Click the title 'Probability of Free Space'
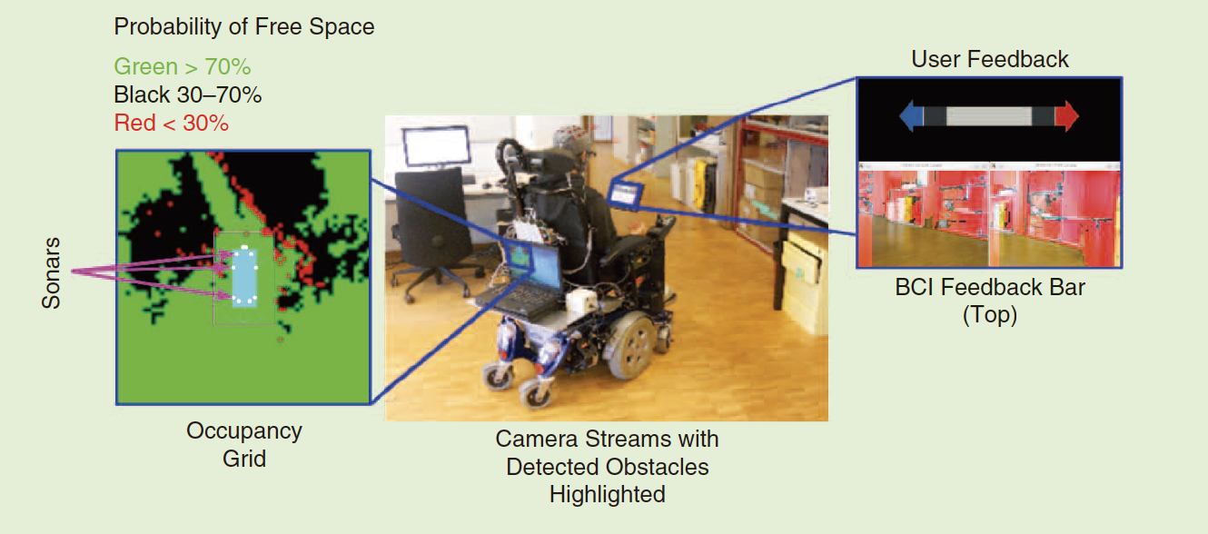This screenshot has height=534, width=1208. pos(244,27)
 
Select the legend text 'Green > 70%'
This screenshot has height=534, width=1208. pos(183,67)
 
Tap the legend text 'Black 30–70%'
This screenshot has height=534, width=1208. pos(188,95)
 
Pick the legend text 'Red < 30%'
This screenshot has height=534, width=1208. pos(171,123)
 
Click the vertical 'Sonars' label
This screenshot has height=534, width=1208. pos(51,273)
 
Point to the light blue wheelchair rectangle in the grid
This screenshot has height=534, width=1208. pos(244,278)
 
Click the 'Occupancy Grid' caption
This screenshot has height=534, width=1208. pos(244,444)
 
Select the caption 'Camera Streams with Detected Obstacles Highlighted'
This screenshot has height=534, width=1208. pos(608,467)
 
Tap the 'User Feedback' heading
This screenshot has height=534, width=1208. pos(990,59)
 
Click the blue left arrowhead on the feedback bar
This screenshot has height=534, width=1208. pos(911,116)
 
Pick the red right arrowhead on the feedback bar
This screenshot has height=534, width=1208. pos(1066,116)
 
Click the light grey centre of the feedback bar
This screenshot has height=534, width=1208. pos(989,116)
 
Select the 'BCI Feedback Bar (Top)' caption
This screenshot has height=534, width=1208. pos(990,301)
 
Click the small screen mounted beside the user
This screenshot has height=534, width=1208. pos(626,194)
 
